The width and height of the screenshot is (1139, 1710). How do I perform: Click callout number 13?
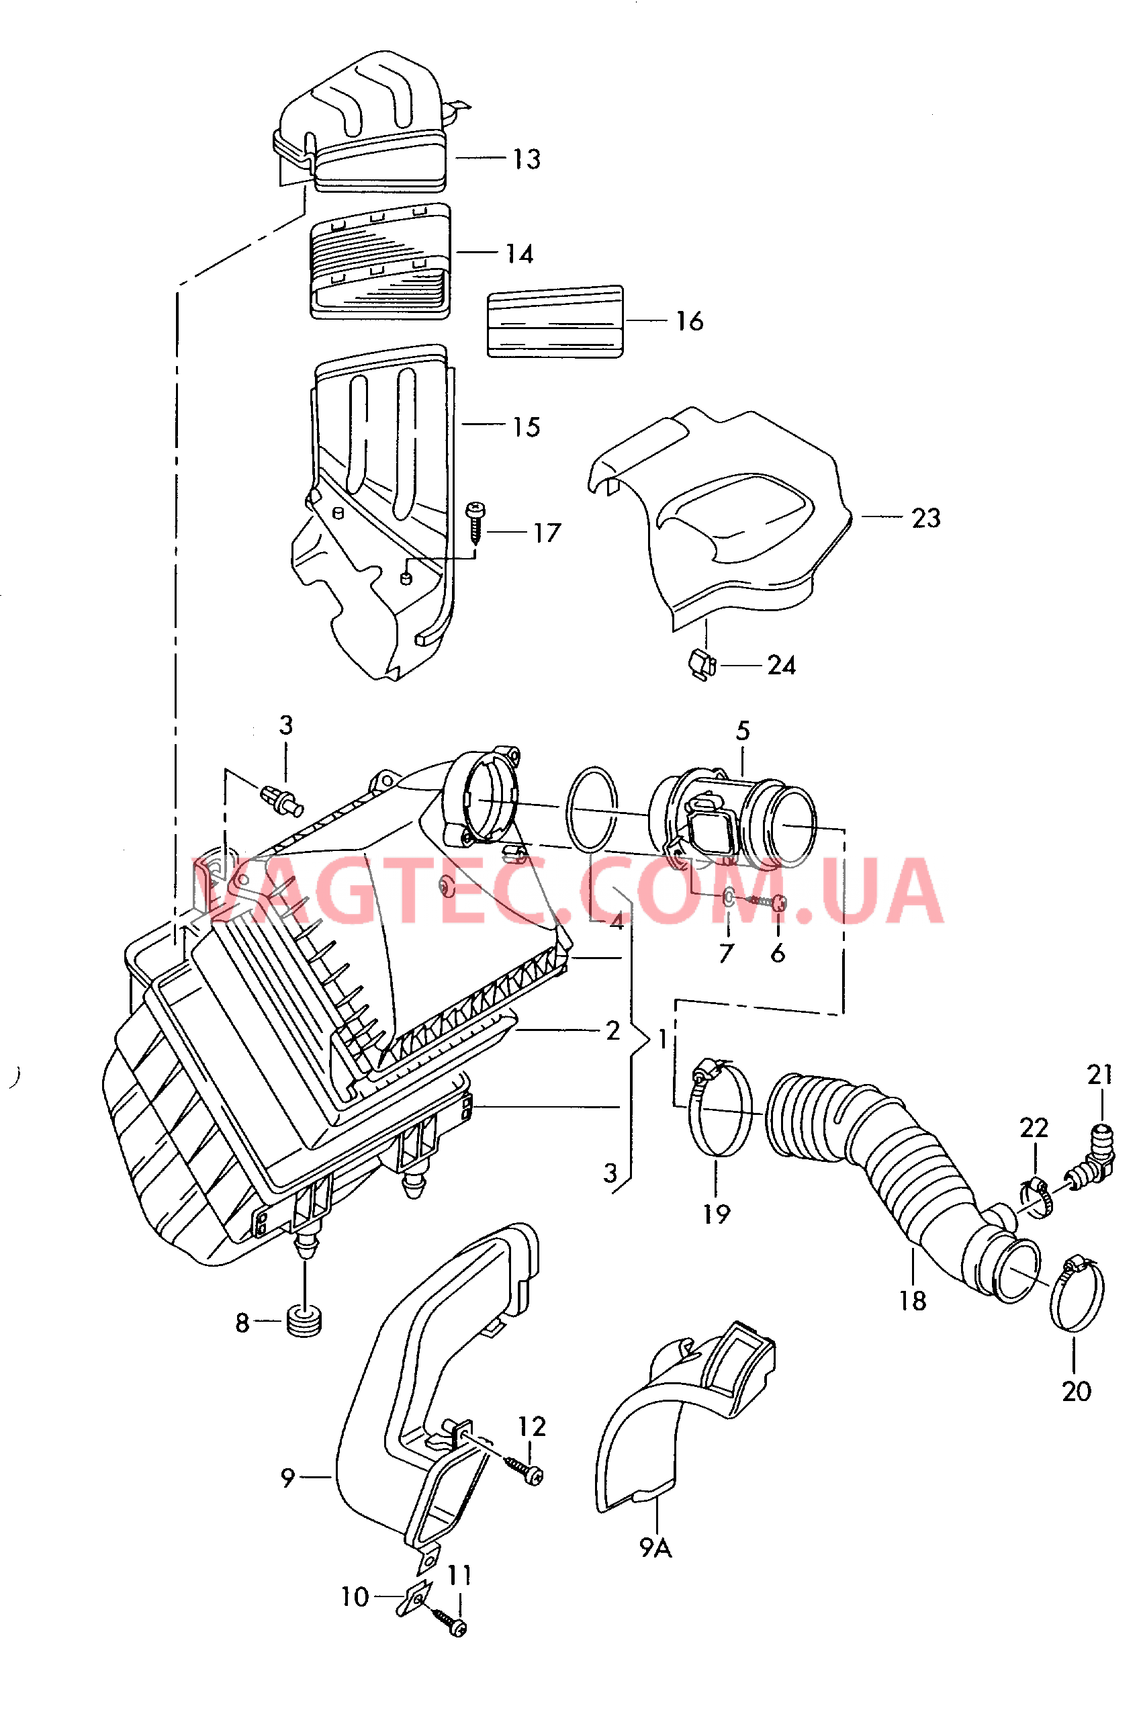click(527, 159)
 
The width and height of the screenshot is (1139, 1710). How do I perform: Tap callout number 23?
click(926, 518)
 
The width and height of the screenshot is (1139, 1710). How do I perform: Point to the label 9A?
click(656, 1548)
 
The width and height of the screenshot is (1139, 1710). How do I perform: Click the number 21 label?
click(1100, 1075)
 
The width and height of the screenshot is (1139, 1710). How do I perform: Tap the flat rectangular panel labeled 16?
click(555, 322)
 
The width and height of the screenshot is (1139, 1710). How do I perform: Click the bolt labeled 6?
click(766, 902)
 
